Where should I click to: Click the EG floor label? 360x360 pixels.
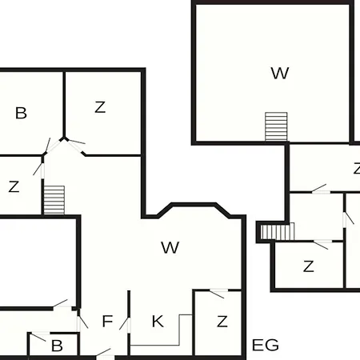click(x=266, y=345)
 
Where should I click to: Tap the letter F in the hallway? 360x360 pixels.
click(x=107, y=321)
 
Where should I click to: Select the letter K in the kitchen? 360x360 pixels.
click(x=158, y=321)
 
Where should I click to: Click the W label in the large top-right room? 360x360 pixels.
click(x=280, y=73)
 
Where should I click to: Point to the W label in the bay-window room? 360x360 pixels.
click(x=170, y=247)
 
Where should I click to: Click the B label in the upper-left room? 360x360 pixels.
click(x=21, y=113)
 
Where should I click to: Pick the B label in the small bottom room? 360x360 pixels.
click(x=57, y=346)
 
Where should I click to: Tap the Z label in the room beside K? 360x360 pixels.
click(x=222, y=322)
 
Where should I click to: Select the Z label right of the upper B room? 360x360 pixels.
click(x=100, y=107)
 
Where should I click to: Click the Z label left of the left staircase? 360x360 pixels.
click(x=14, y=186)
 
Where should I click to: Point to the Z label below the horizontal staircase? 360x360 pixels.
click(x=309, y=266)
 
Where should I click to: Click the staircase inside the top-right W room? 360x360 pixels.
click(x=276, y=126)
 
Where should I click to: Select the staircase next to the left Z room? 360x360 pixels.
click(x=54, y=200)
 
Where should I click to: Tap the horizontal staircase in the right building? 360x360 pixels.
click(x=278, y=231)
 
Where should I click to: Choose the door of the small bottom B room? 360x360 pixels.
click(x=39, y=336)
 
